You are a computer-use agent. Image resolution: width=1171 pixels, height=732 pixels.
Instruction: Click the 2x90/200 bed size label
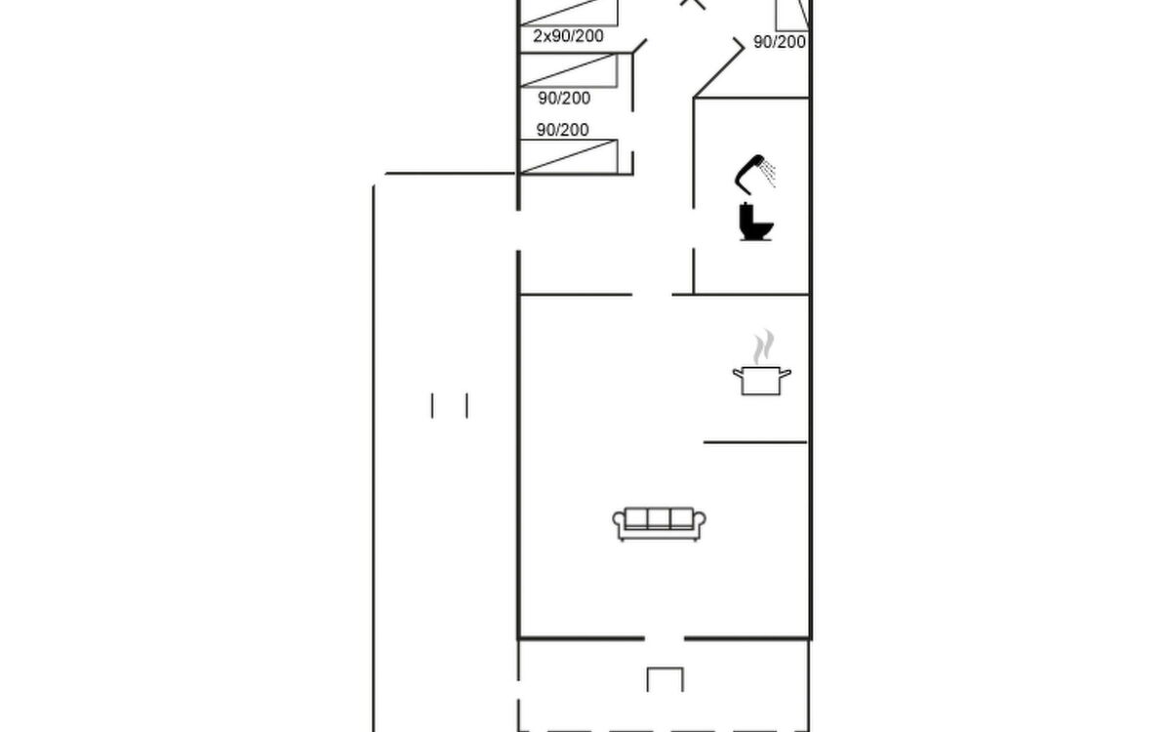(x=568, y=36)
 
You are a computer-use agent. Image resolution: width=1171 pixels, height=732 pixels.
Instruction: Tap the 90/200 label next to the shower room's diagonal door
(x=780, y=42)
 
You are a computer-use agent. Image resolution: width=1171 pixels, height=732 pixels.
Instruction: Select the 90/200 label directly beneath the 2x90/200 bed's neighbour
(x=564, y=99)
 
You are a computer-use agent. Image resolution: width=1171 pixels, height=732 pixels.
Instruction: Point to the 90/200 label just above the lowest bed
(x=562, y=130)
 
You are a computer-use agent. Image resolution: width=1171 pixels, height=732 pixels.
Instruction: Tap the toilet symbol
(x=756, y=223)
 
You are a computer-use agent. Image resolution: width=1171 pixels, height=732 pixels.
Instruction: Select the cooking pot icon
(x=762, y=381)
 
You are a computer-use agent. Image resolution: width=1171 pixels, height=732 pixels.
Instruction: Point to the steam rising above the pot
(x=763, y=346)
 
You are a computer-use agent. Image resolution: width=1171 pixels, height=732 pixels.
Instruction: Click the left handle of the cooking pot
(x=738, y=373)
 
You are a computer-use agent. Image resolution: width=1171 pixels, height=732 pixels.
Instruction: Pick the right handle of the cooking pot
(x=786, y=373)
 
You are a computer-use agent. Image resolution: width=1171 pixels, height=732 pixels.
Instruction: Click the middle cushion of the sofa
(x=659, y=518)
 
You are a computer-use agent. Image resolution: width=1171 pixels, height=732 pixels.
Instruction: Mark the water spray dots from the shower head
(x=769, y=173)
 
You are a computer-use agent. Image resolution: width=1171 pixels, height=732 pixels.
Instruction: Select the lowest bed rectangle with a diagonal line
(x=569, y=156)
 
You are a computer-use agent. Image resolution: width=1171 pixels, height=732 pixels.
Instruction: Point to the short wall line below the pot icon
(x=755, y=442)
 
